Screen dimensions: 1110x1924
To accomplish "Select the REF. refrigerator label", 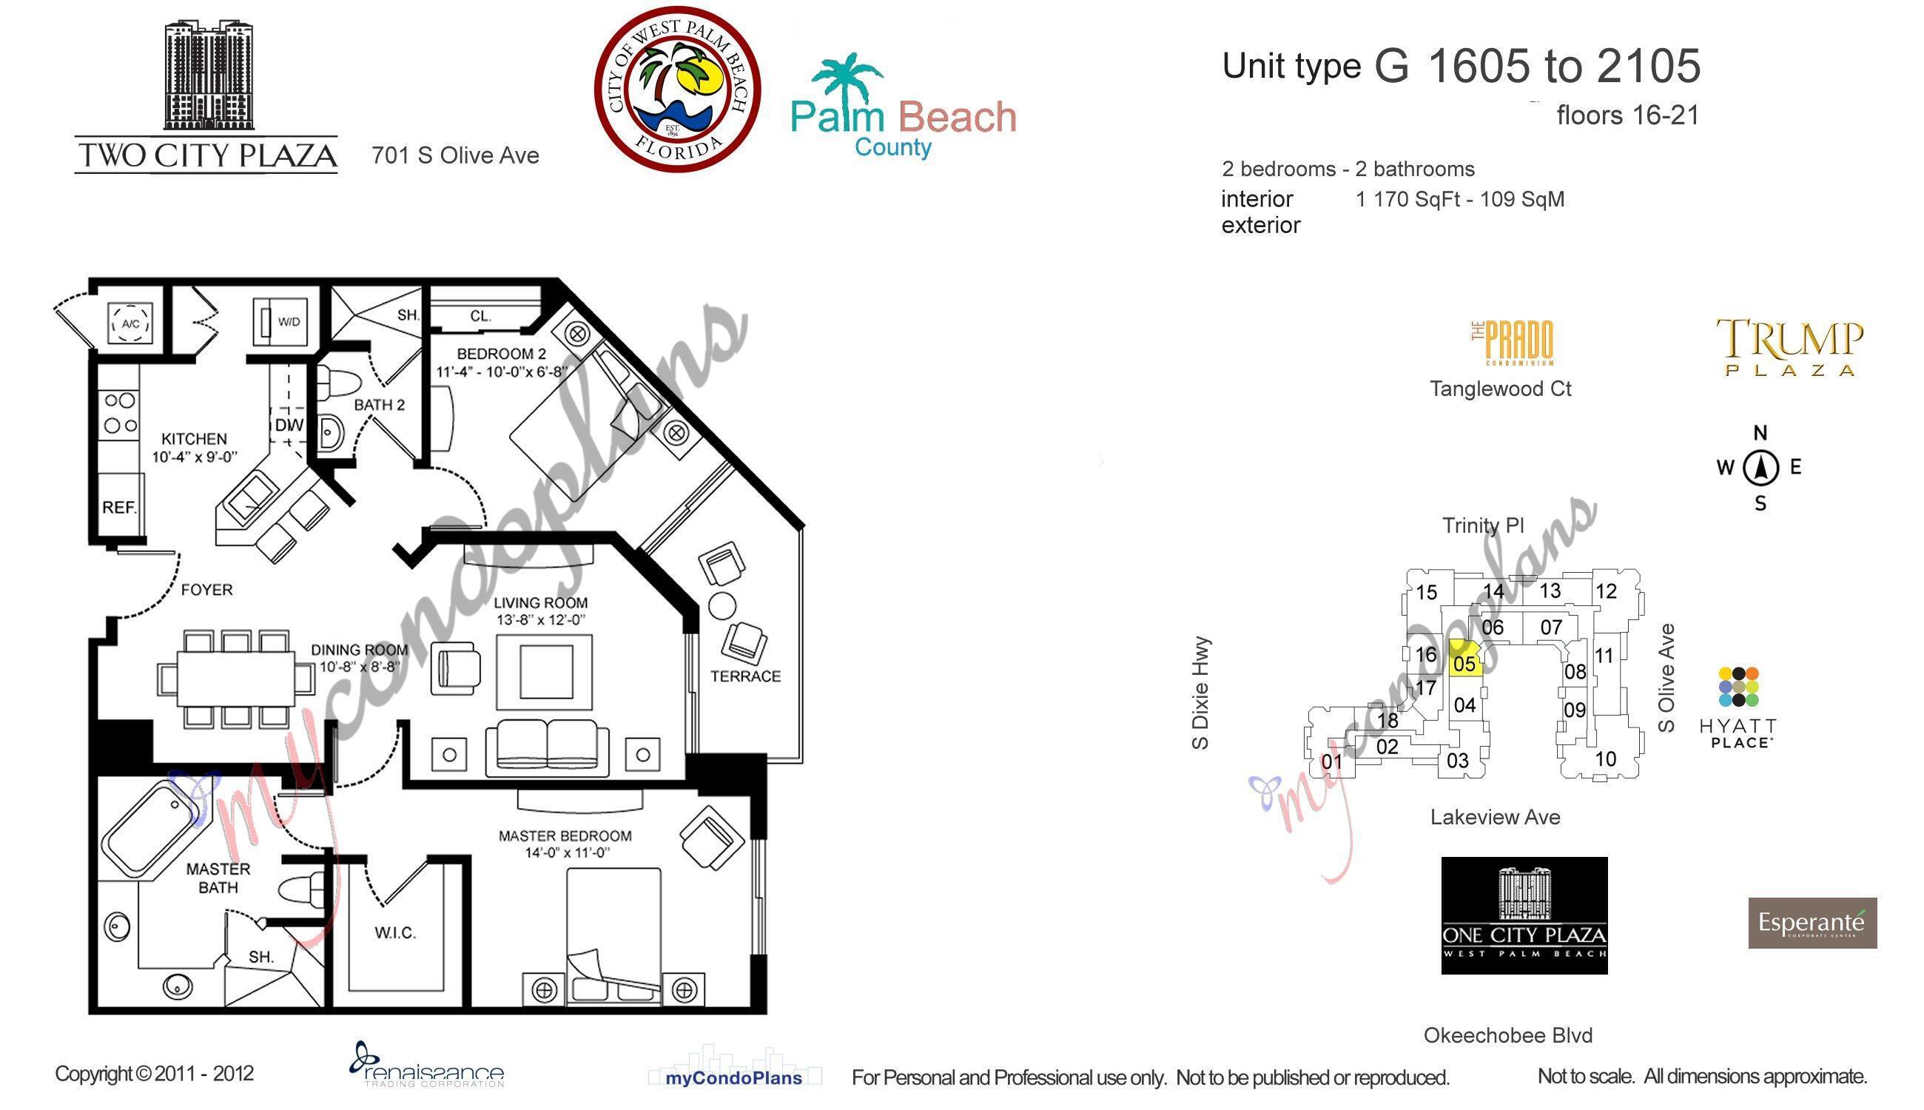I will tap(120, 507).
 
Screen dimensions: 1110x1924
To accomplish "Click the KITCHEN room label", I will tap(194, 439).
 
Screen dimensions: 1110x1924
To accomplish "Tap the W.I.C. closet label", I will tap(395, 932).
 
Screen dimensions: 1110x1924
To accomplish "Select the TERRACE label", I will tap(744, 676).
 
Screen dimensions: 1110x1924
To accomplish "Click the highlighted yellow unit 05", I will tap(1464, 660).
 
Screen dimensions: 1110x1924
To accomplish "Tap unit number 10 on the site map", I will tap(1604, 758).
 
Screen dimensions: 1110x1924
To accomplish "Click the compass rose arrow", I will tap(1760, 468).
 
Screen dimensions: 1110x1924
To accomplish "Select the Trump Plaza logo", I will tap(1789, 347).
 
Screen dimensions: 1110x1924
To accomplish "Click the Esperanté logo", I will tap(1812, 923).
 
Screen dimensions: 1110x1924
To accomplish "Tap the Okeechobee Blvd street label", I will tap(1508, 1035).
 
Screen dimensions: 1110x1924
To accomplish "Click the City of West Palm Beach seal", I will tap(678, 90).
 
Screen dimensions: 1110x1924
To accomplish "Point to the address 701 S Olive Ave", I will tap(455, 155).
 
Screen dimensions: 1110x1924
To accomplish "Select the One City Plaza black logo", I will tap(1524, 915).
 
